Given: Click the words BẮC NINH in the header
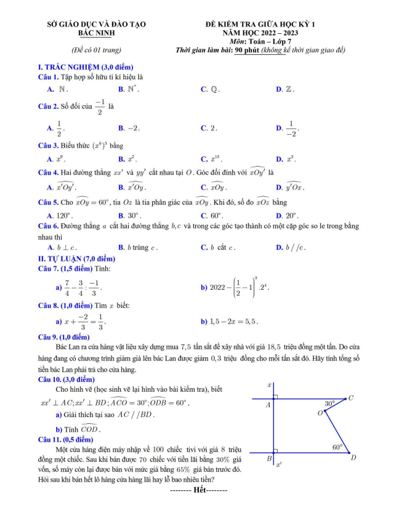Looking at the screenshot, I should tap(96, 33).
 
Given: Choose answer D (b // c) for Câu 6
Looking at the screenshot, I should tap(295, 247).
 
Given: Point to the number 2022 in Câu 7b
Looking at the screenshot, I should tap(222, 287).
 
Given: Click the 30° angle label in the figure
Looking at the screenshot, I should tap(330, 404).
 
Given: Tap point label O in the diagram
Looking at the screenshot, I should tap(320, 413).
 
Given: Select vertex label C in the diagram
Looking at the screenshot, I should tap(351, 398).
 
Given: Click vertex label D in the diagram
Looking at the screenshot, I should tap(353, 458).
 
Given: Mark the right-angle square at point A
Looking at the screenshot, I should tap(276, 397).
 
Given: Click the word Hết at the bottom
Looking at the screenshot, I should tap(199, 490).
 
